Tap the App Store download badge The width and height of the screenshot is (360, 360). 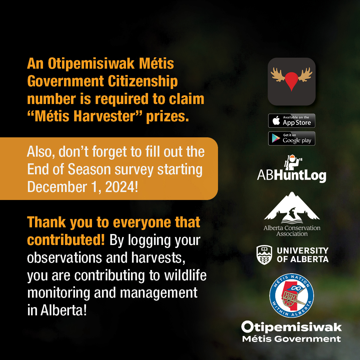(x=292, y=121)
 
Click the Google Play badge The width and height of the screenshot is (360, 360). (x=292, y=138)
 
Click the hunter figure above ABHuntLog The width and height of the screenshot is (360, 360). (x=292, y=162)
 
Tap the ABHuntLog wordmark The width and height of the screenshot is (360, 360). (x=292, y=176)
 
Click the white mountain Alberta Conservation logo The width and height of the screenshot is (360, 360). (x=292, y=208)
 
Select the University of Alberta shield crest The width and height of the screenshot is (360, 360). (x=264, y=255)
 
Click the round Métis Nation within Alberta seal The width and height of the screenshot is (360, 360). (x=292, y=295)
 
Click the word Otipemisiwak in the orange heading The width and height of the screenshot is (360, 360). (x=91, y=64)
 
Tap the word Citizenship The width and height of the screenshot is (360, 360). (x=143, y=82)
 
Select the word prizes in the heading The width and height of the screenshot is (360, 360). (x=168, y=117)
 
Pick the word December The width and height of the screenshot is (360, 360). (x=57, y=187)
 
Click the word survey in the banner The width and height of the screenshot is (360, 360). (x=134, y=170)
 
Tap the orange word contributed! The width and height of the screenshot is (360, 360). (x=66, y=240)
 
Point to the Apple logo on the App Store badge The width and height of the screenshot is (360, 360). (x=276, y=121)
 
